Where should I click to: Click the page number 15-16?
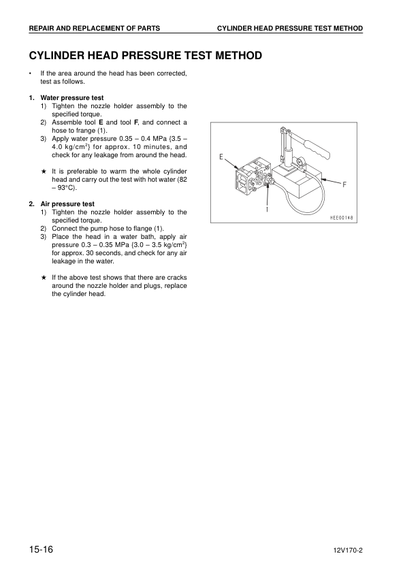[41, 549]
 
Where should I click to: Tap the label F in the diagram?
[344, 184]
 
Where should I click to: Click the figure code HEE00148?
[343, 218]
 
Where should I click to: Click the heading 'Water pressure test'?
[72, 98]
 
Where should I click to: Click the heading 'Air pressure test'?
[67, 203]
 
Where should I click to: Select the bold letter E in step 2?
[101, 122]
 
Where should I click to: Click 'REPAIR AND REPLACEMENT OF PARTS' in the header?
[95, 28]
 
